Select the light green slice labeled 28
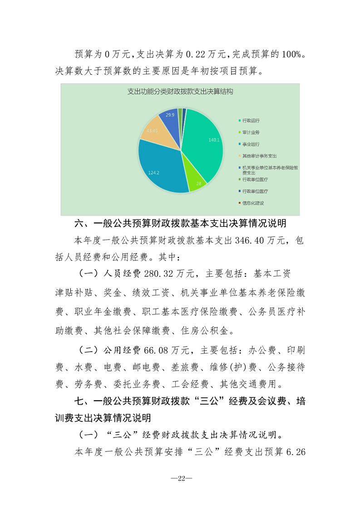coord(197,178)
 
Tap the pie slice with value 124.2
coord(159,168)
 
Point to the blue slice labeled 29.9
coord(170,117)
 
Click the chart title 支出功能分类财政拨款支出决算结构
coord(180,92)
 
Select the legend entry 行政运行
coord(251,121)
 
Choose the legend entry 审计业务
coord(251,132)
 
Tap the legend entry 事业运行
coord(251,144)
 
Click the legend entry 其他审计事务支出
coord(256,156)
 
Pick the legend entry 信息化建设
coord(253,203)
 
